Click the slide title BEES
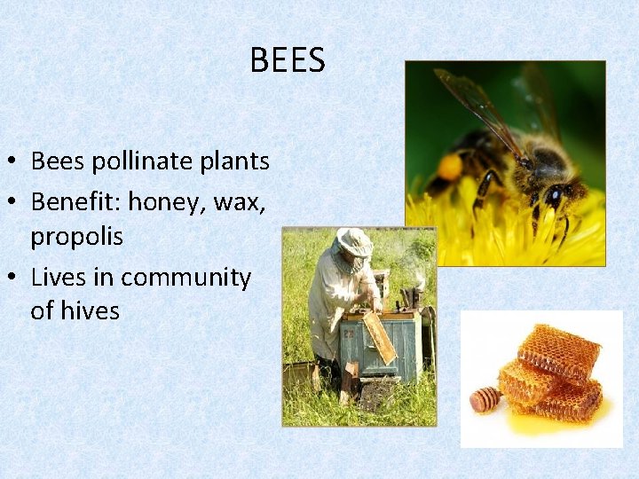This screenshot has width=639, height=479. [x=288, y=60]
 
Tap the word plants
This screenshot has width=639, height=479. [x=234, y=161]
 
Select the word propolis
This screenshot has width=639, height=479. [x=76, y=237]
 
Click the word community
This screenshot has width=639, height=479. [x=185, y=278]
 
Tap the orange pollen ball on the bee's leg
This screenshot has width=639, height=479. [x=450, y=167]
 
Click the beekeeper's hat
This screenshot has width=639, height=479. [x=354, y=240]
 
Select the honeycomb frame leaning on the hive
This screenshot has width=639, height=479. [x=379, y=337]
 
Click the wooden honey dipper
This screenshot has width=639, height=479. [x=485, y=399]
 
